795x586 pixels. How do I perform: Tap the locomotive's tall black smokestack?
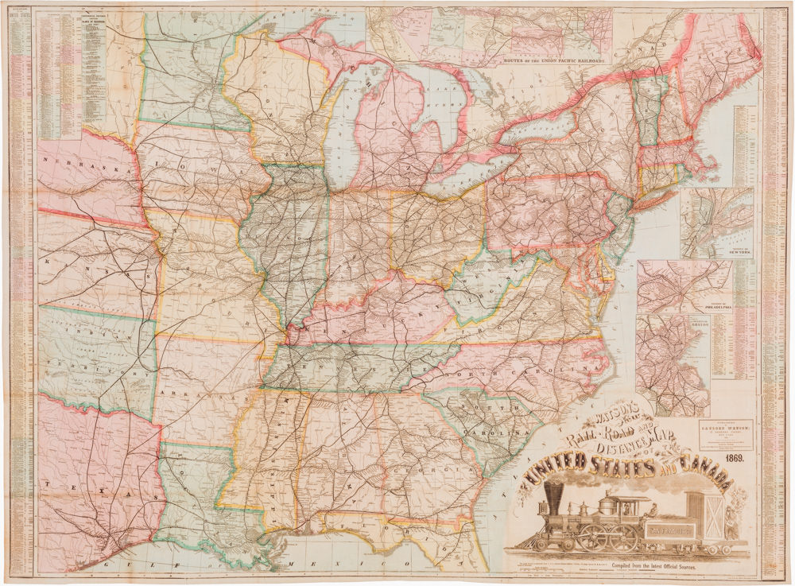coord(553,495)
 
